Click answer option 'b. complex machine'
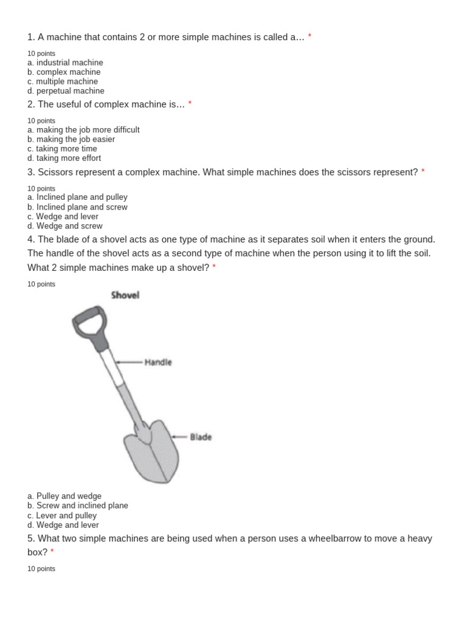coord(64,72)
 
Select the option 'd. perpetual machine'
coord(66,91)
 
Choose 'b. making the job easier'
coord(71,139)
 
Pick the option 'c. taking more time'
coord(62,149)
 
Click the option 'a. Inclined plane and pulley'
coord(77,197)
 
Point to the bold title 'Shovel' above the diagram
coord(125,295)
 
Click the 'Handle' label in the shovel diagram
coord(158,363)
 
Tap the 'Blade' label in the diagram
coord(201,437)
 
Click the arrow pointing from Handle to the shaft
coord(129,362)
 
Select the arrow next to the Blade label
coord(179,436)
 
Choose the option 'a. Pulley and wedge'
coord(64,496)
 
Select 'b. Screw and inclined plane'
coord(78,505)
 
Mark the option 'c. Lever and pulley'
coord(62,515)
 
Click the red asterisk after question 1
coord(310,37)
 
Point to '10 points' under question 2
coord(41,121)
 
